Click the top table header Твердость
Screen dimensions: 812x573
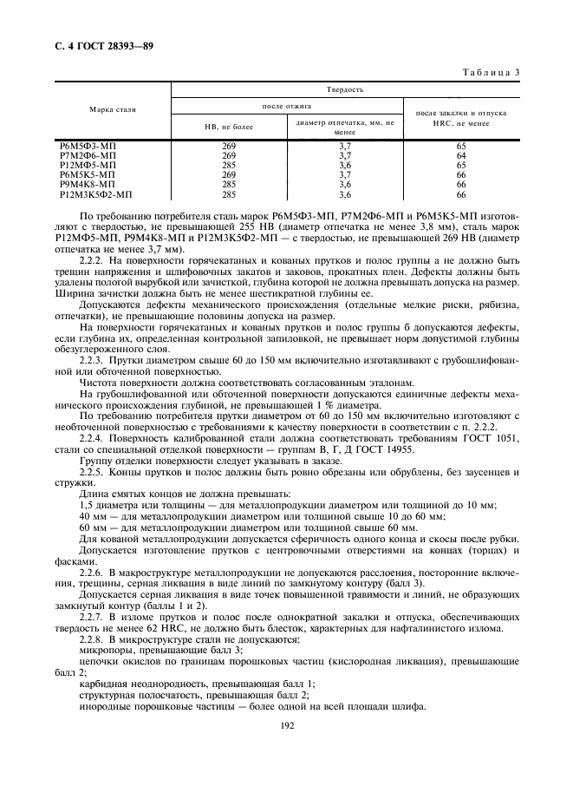click(345, 89)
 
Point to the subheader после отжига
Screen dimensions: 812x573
click(287, 106)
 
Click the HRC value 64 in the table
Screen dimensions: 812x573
click(461, 155)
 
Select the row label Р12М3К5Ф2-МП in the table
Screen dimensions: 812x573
click(93, 194)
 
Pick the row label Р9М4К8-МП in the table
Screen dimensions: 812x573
click(84, 184)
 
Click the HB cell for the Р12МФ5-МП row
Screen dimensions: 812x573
click(229, 165)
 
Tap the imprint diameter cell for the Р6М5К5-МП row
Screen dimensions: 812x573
click(344, 174)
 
